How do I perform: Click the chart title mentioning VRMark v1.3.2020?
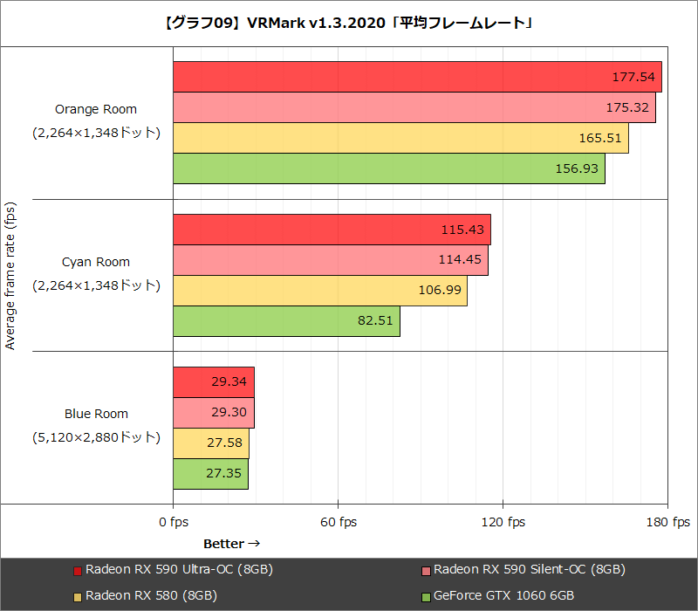[349, 23]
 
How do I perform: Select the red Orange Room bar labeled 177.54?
[417, 77]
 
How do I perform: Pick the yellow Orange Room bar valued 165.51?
[400, 138]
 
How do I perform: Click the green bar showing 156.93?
[388, 168]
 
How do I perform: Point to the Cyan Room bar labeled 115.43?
[332, 230]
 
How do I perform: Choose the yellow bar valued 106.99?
[319, 290]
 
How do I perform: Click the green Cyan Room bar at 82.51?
[286, 320]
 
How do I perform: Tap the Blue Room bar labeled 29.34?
[213, 381]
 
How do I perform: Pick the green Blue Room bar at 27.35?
[210, 473]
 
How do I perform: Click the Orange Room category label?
[96, 110]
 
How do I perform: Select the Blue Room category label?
[96, 414]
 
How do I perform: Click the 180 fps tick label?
[667, 522]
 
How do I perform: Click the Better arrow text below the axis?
[231, 544]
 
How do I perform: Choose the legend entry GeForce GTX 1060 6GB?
[504, 595]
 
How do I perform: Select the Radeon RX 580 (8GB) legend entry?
[151, 595]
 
